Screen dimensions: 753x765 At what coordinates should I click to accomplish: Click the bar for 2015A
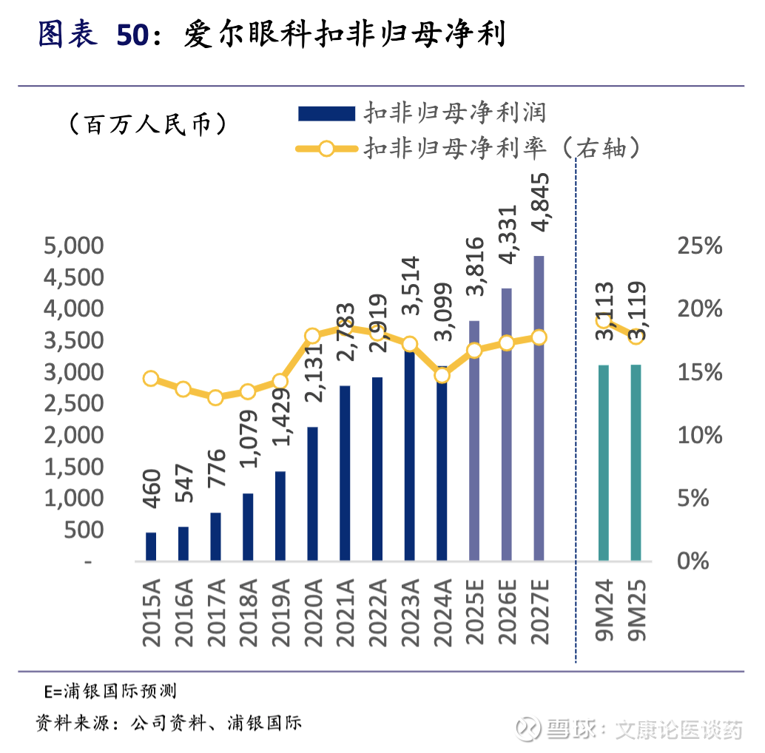[x=151, y=546]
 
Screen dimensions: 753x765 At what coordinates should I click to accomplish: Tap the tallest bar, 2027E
[x=539, y=408]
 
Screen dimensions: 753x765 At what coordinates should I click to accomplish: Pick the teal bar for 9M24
[x=604, y=462]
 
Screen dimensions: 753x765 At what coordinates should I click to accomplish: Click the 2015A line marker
[x=151, y=379]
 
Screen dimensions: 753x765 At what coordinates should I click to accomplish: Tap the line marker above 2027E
[x=539, y=337]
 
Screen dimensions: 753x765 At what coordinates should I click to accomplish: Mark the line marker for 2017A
[x=215, y=397]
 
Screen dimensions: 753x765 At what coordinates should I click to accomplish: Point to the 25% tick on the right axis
[x=699, y=246]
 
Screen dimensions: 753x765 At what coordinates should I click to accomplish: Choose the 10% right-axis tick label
[x=699, y=435]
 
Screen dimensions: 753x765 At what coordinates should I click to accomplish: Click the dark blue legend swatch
[x=326, y=112]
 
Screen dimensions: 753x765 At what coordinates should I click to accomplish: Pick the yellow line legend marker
[x=326, y=148]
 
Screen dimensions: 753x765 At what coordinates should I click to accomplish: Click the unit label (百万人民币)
[x=146, y=124]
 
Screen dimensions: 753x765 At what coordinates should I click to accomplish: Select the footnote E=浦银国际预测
[x=110, y=692]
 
